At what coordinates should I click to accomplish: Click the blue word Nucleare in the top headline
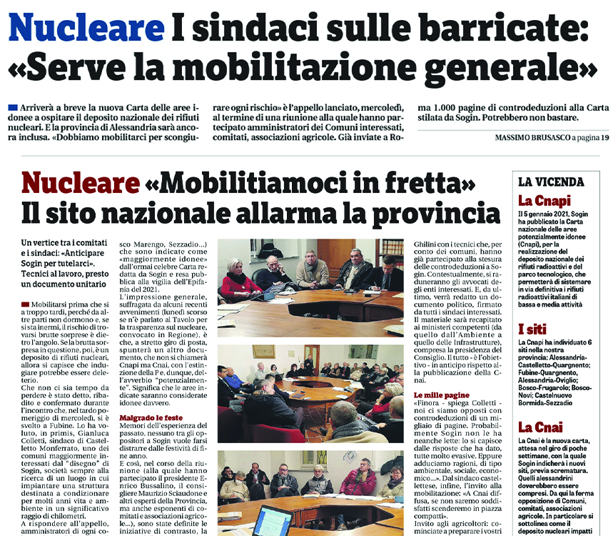(86, 29)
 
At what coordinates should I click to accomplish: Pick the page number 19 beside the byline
(604, 137)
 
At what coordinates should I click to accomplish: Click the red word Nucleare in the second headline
(81, 184)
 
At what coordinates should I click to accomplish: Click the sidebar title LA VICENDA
(551, 182)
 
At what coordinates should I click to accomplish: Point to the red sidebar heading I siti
(533, 330)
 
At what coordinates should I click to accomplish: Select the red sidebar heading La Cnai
(539, 427)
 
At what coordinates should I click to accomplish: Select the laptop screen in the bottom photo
(272, 521)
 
